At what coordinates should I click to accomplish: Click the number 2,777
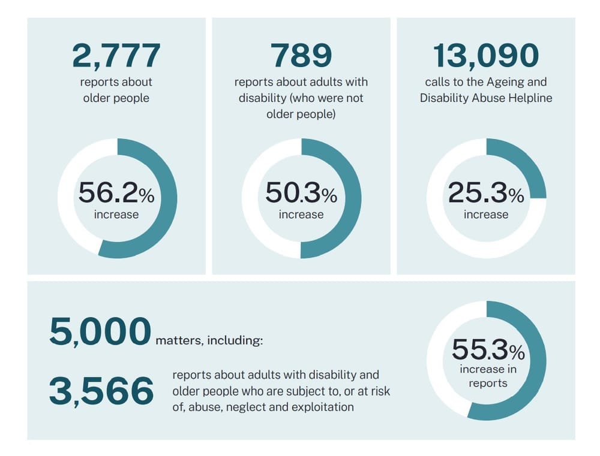click(116, 56)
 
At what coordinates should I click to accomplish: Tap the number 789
click(301, 56)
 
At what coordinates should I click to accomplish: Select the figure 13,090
click(486, 56)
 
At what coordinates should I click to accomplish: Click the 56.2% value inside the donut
click(116, 193)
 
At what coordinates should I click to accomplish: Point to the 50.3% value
click(301, 193)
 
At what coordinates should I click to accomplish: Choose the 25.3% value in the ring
click(486, 193)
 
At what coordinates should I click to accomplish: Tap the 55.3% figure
click(488, 349)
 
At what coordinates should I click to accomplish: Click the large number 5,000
click(100, 332)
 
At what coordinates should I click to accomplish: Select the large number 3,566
click(101, 391)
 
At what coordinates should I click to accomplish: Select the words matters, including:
click(209, 341)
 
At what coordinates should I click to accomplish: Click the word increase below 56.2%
click(116, 215)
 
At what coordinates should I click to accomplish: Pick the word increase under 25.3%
click(486, 215)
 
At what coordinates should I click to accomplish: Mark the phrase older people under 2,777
click(116, 98)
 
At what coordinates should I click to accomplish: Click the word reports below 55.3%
click(488, 383)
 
